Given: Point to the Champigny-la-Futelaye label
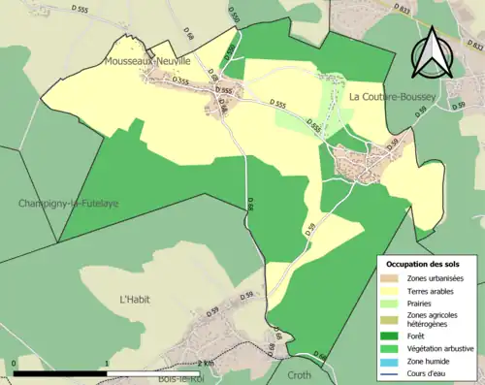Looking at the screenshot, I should pyautogui.click(x=54, y=203).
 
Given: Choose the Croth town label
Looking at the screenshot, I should pyautogui.click(x=301, y=372).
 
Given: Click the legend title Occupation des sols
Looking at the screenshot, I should pyautogui.click(x=423, y=264).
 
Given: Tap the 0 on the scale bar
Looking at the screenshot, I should pyautogui.click(x=14, y=364).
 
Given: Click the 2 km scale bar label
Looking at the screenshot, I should pyautogui.click(x=203, y=364).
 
